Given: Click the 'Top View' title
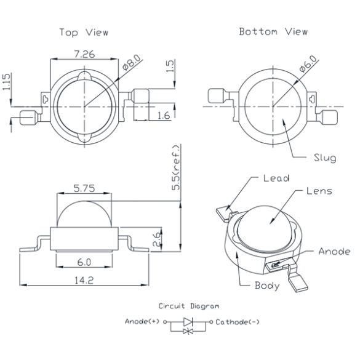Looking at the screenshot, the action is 84,33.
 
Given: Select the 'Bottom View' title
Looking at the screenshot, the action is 273,31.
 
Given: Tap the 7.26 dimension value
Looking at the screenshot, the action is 84,54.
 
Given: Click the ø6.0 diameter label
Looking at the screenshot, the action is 309,63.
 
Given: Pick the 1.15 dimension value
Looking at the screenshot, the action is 6,81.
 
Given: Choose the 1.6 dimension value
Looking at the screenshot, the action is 164,116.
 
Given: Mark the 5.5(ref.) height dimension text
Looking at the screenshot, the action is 176,167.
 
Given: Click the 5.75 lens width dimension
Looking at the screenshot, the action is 84,188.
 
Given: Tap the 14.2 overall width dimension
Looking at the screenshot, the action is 84,280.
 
